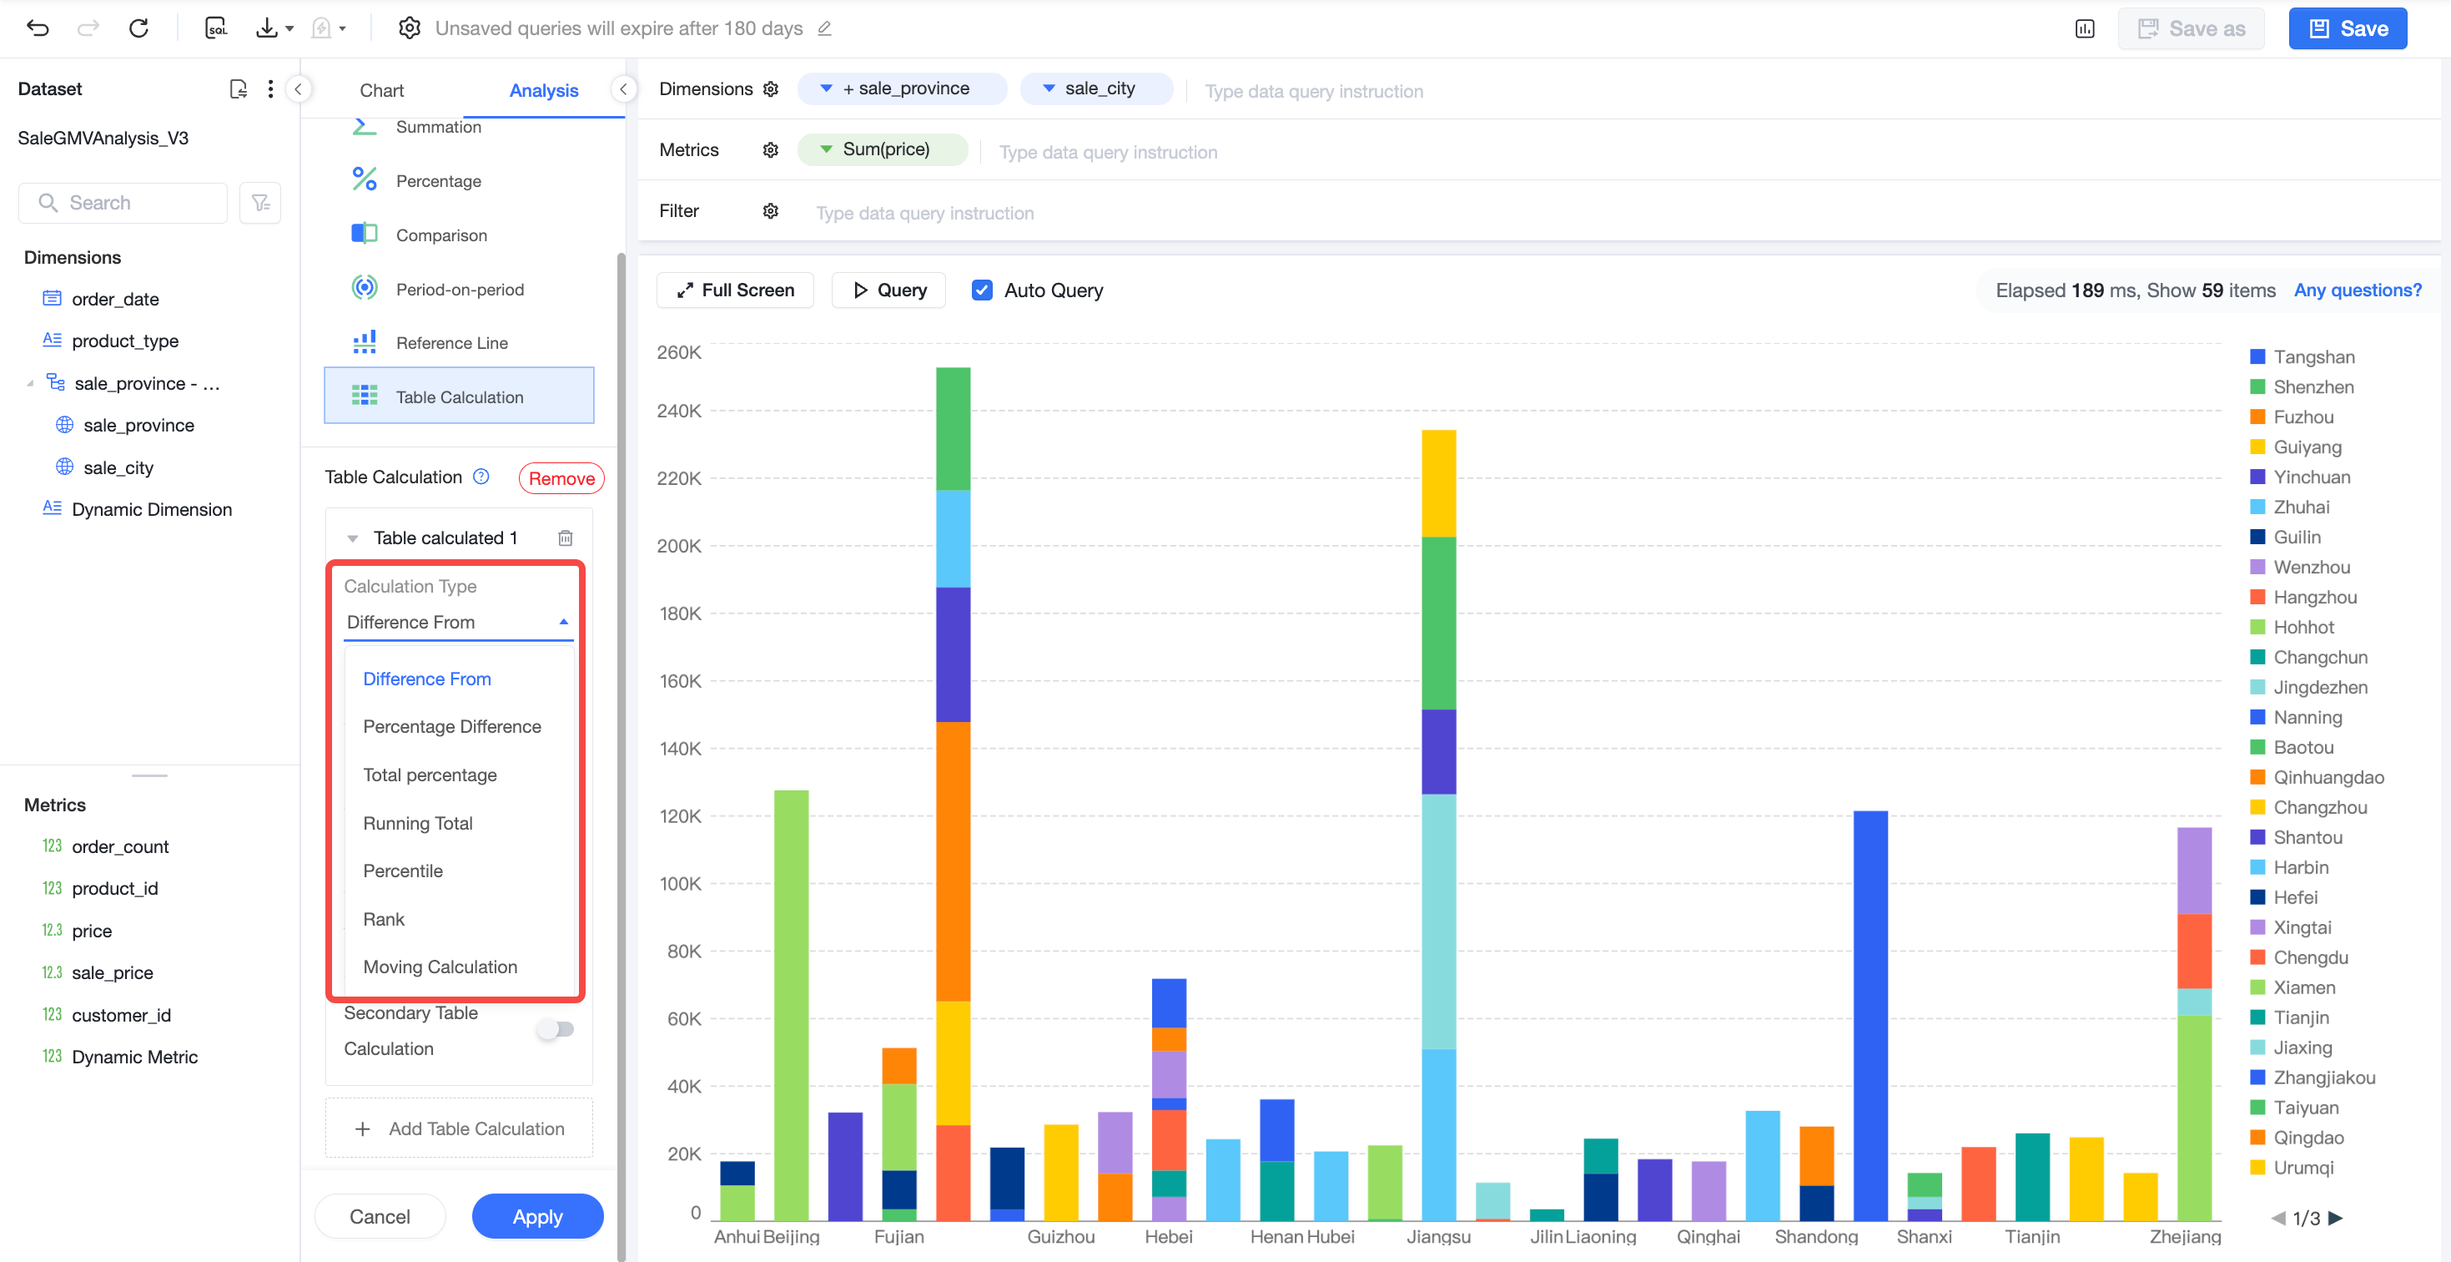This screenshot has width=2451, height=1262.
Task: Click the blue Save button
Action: pos(2348,28)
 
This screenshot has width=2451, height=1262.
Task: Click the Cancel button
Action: pos(380,1216)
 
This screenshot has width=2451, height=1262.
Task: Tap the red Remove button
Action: pos(561,477)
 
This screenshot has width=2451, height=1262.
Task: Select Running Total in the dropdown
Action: pos(418,823)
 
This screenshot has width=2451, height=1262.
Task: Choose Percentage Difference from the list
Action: pos(452,726)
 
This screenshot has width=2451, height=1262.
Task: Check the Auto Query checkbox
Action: pos(982,290)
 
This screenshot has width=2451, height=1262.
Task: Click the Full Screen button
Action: pos(736,290)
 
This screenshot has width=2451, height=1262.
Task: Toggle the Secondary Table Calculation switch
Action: pos(556,1029)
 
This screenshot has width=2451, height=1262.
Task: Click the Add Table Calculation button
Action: pos(459,1128)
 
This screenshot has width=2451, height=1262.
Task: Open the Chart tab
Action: pos(381,90)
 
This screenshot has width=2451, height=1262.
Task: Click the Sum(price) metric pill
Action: pos(882,149)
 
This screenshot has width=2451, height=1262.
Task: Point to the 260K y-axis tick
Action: pos(679,352)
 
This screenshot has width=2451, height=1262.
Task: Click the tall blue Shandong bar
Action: pos(1870,1016)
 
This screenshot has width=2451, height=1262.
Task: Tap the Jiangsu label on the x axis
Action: pos(1438,1236)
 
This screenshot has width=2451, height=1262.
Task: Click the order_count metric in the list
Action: pos(120,846)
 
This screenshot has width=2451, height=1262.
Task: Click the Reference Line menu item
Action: pos(452,342)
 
